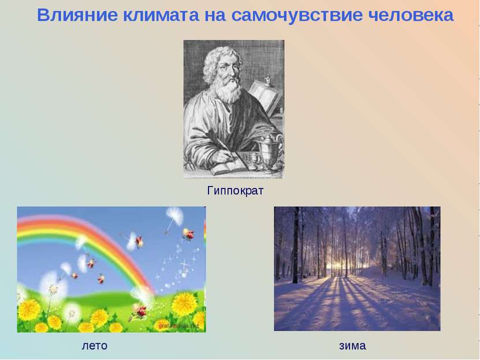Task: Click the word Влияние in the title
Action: click(77, 16)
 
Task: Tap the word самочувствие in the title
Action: click(286, 16)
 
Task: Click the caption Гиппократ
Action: click(235, 190)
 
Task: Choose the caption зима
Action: click(352, 346)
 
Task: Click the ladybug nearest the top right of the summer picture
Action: click(188, 233)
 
